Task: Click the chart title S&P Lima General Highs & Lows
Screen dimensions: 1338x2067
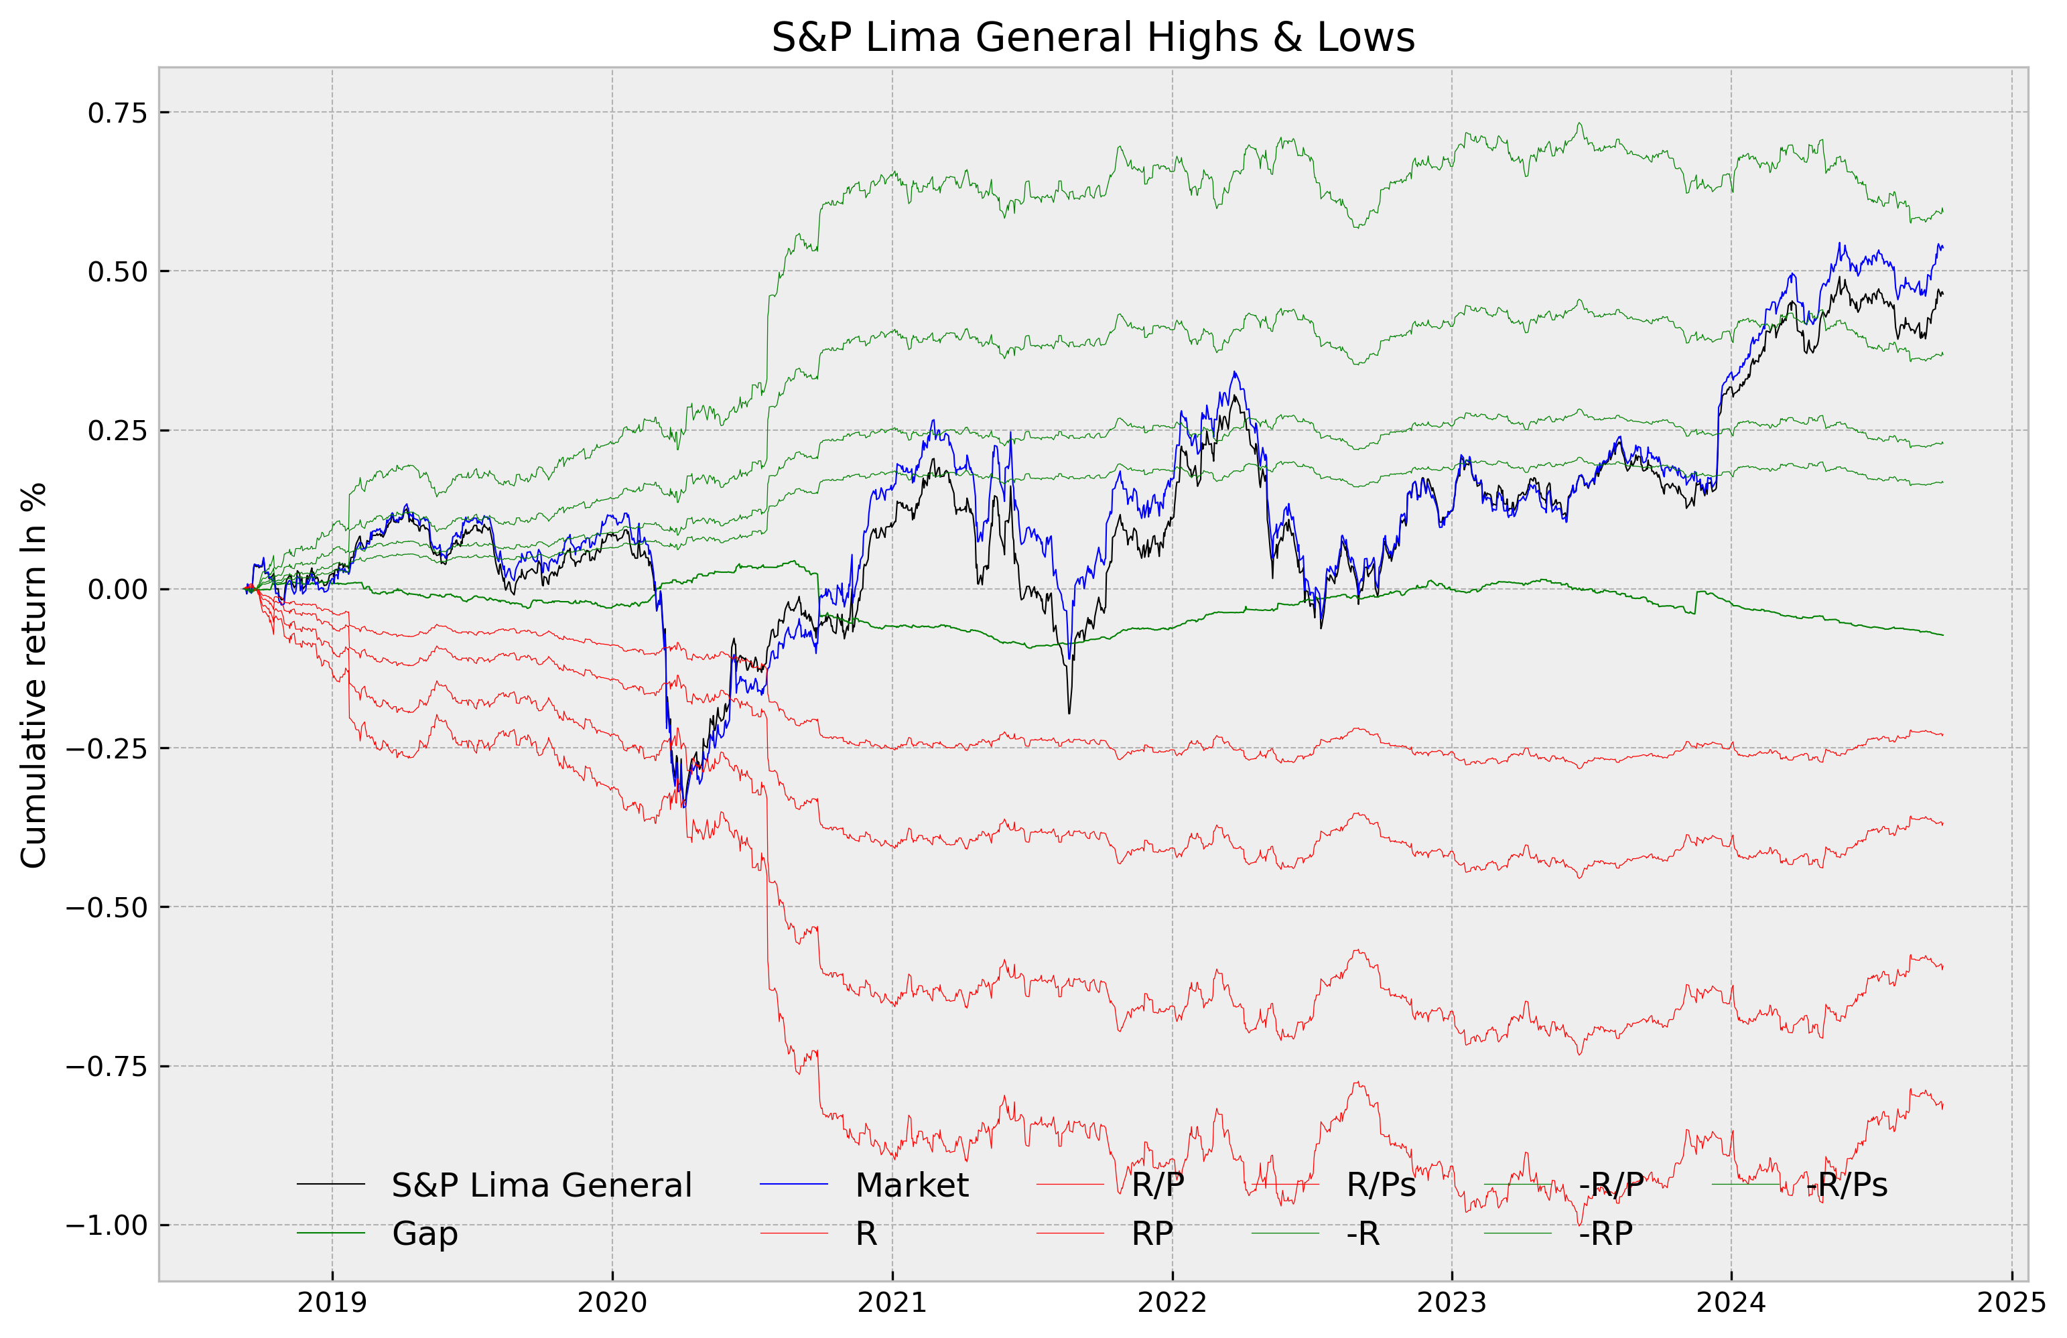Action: point(1093,38)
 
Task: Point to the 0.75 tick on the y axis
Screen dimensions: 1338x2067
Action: point(117,113)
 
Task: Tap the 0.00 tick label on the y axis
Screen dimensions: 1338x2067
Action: point(117,590)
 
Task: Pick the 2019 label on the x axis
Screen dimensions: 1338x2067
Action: point(332,1302)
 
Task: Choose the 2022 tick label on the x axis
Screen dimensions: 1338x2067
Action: point(1172,1302)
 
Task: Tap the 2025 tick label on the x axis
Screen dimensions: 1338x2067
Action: point(2011,1302)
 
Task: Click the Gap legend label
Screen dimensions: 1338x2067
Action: point(425,1233)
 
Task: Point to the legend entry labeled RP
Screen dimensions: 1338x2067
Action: point(1152,1233)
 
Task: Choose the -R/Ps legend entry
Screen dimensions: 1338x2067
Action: point(1847,1185)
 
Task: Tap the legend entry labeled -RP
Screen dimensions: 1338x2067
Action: point(1605,1233)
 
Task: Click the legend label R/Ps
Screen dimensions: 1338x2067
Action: point(1381,1185)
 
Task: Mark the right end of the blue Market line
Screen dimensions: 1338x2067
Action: point(1942,247)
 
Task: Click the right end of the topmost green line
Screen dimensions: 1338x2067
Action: point(1942,210)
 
